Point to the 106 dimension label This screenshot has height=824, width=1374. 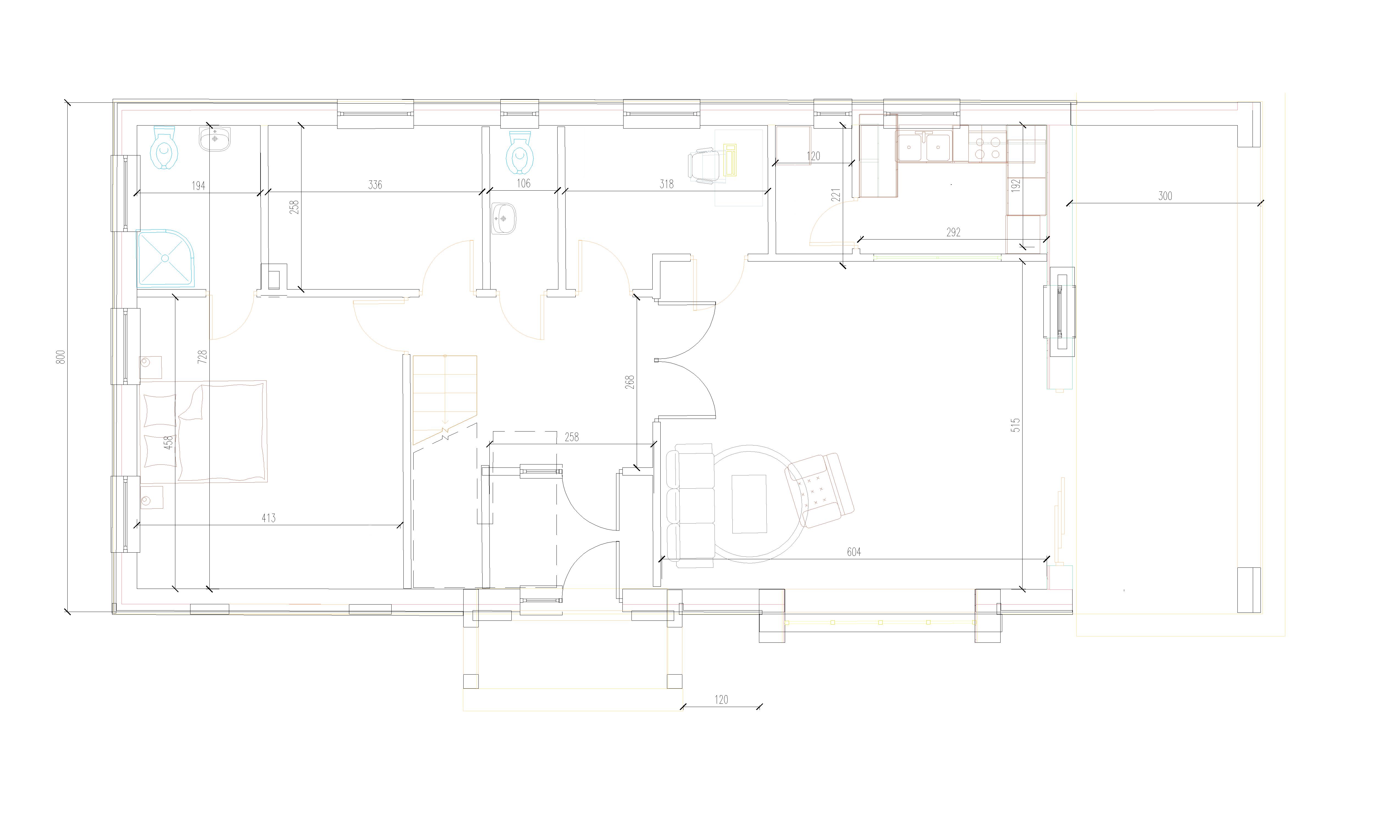[x=524, y=183]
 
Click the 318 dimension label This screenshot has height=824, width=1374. [x=666, y=184]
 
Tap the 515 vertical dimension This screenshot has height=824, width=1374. [x=1016, y=425]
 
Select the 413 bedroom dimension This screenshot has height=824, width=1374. [x=269, y=518]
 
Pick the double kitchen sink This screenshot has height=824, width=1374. [x=924, y=147]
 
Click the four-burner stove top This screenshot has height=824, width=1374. [x=987, y=147]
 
